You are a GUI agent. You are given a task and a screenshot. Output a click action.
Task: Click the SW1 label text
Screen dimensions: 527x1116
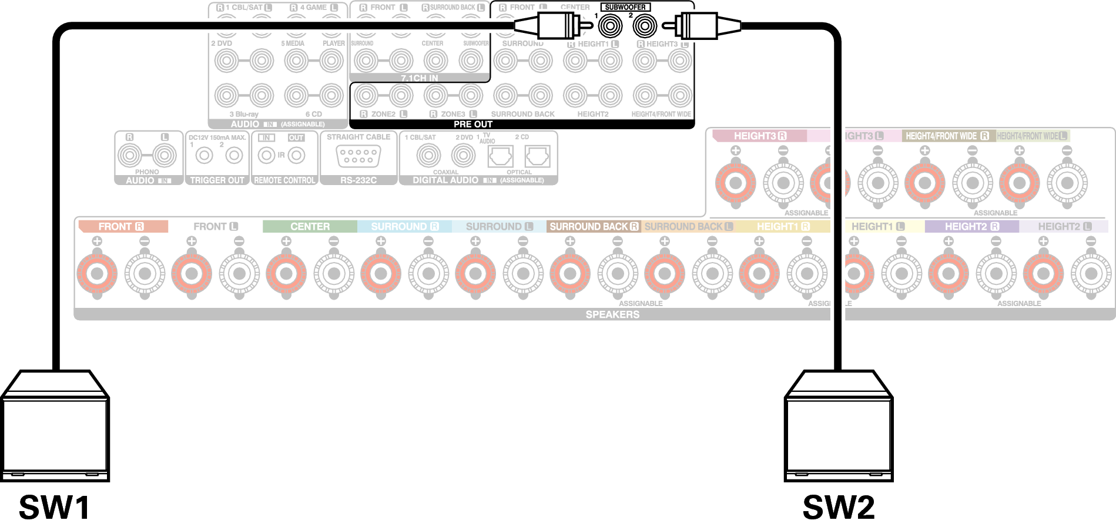tap(54, 507)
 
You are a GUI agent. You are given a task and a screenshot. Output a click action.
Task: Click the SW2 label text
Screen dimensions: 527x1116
tap(838, 507)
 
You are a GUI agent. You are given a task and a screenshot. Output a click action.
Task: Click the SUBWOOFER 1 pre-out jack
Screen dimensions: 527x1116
tap(610, 26)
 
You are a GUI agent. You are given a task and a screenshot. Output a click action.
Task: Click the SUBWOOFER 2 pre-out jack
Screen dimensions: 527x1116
tap(645, 26)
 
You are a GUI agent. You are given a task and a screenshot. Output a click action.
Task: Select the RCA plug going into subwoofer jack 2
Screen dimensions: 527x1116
tap(699, 26)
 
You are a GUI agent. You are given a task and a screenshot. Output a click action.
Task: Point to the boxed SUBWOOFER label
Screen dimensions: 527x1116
tap(625, 7)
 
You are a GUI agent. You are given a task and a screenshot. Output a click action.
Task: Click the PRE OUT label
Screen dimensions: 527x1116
tap(472, 124)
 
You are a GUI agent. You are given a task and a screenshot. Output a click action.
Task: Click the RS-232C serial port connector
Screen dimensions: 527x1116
tap(358, 156)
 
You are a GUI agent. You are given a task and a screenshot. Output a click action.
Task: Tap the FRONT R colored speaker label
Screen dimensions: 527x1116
tap(122, 226)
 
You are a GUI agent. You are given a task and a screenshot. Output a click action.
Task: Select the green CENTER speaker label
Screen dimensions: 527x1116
tap(310, 226)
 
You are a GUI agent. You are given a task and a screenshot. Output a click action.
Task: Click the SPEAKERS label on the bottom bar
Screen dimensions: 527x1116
tap(612, 314)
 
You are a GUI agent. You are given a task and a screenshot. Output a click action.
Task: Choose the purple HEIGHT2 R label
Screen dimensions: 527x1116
tap(971, 226)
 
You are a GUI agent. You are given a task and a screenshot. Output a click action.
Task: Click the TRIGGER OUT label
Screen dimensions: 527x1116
tap(217, 180)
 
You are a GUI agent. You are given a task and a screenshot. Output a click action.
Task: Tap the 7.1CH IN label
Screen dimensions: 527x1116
tap(420, 78)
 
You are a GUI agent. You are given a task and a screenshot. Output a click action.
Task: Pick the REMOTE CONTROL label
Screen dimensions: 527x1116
tap(284, 180)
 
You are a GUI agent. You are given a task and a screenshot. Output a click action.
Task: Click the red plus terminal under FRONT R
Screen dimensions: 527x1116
tap(97, 273)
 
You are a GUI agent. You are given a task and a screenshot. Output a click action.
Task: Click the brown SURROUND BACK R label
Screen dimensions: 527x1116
tap(594, 226)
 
